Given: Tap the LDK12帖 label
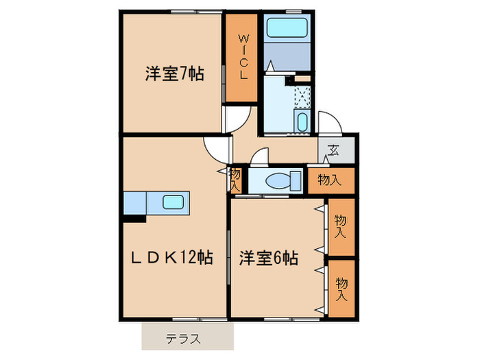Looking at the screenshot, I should (x=172, y=258).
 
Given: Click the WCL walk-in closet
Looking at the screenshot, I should (x=243, y=58).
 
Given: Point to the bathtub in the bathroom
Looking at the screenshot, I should (x=287, y=28).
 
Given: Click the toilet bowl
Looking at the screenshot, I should (x=281, y=181).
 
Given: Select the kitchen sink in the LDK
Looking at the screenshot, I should (x=172, y=202).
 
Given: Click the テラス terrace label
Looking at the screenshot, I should (x=183, y=338).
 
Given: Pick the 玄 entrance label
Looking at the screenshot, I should (x=335, y=150).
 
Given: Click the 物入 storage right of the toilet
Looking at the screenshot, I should (x=330, y=180).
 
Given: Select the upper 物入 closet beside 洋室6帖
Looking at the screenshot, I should (x=341, y=226).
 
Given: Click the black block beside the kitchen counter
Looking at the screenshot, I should (x=134, y=219).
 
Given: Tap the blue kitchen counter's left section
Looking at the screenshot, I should (x=136, y=203).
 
